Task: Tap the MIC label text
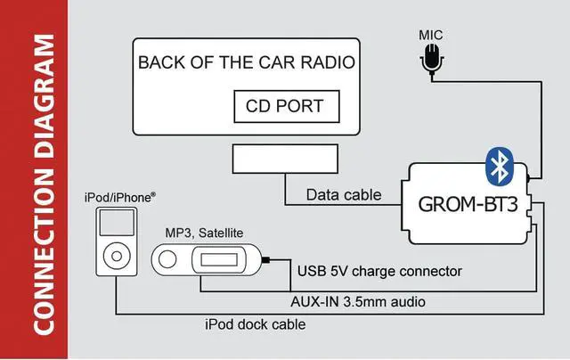431,35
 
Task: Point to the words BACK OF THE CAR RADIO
247,63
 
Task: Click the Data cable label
344,194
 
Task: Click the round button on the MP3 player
168,259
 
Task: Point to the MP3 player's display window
217,259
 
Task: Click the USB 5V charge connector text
376,270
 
